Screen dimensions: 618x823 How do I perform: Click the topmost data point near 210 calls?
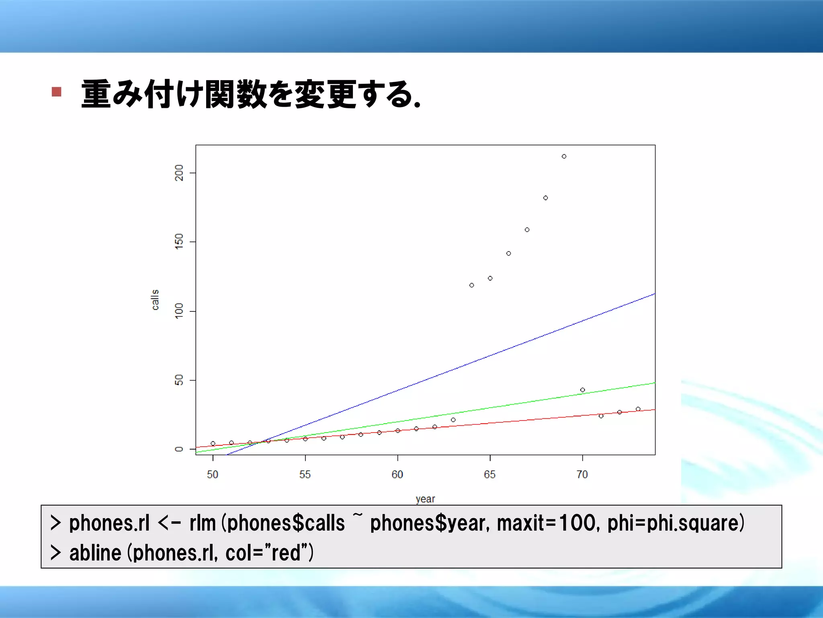click(x=564, y=157)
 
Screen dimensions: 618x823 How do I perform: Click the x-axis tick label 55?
click(x=305, y=475)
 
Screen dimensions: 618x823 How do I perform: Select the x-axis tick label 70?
click(x=582, y=475)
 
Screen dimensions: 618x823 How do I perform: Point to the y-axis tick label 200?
click(x=179, y=173)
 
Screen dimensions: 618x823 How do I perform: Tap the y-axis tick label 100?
click(x=179, y=311)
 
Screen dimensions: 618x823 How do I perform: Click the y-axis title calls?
click(x=155, y=300)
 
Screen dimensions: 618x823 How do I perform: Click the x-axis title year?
click(x=425, y=499)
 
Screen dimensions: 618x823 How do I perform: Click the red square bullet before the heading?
click(x=57, y=92)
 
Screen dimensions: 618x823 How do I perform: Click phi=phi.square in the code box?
click(x=676, y=523)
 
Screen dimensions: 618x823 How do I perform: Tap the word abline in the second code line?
click(x=95, y=553)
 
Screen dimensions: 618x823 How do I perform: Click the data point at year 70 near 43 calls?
click(x=582, y=390)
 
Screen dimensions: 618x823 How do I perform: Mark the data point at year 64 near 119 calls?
click(x=471, y=285)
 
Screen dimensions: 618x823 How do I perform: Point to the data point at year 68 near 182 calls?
click(x=545, y=198)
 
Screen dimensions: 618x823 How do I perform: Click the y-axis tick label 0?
click(x=179, y=449)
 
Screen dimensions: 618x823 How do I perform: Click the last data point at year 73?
click(x=638, y=409)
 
